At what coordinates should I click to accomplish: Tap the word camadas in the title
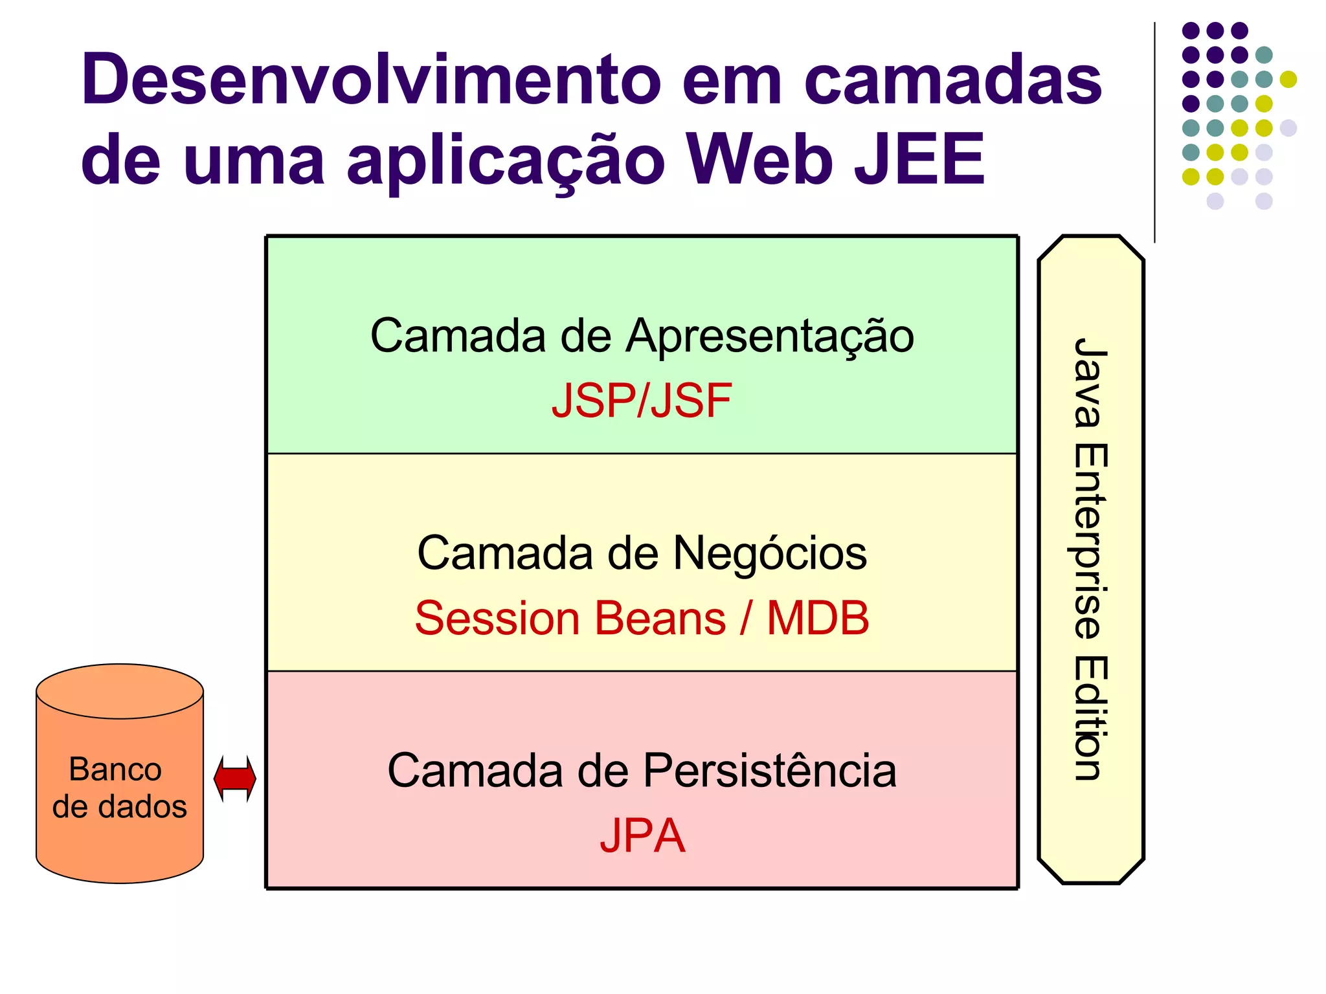952,80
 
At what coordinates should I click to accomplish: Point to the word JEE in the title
919,159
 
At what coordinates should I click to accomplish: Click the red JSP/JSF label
641,401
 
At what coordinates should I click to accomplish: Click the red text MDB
817,618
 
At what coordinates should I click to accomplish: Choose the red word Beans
660,618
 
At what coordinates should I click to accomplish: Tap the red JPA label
642,835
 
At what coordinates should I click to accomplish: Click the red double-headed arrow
235,779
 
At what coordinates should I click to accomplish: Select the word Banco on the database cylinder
115,769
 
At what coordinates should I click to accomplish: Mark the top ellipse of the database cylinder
120,691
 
